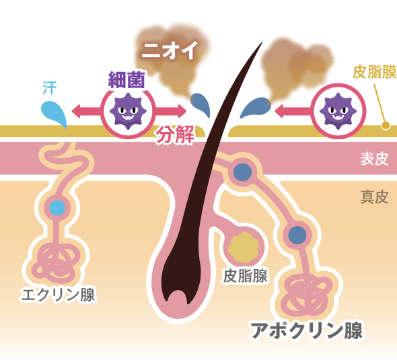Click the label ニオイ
(x=169, y=50)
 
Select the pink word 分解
(x=175, y=135)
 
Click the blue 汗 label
(x=50, y=87)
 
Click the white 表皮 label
(x=374, y=159)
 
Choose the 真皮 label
(x=374, y=196)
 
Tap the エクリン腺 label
(x=58, y=294)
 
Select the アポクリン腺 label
(x=306, y=330)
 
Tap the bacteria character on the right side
(x=338, y=110)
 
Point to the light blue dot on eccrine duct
(x=57, y=207)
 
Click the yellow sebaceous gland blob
(x=243, y=248)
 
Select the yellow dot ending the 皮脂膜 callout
(x=386, y=124)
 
